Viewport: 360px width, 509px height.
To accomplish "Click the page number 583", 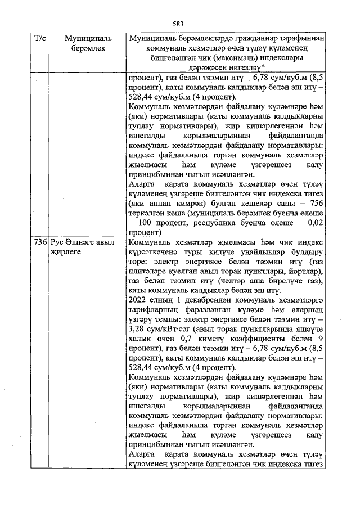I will [179, 24].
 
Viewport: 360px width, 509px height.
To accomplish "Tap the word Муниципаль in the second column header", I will [85, 39].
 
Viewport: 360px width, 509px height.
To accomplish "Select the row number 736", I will [39, 242].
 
